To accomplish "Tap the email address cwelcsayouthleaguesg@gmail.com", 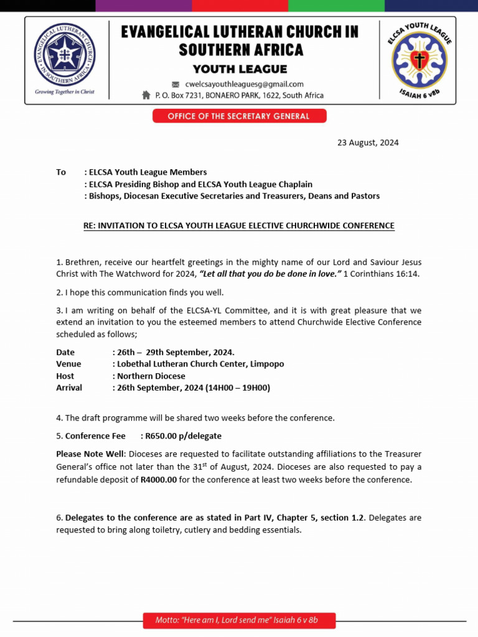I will (x=245, y=84).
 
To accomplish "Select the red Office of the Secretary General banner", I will (x=239, y=116).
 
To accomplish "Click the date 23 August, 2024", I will (x=368, y=142).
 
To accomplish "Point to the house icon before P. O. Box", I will (x=146, y=95).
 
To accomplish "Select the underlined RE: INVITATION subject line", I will (x=239, y=225).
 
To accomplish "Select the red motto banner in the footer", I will (x=239, y=620).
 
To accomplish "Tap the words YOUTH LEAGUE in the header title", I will (x=240, y=69).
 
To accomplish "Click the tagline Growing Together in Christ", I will (x=65, y=91).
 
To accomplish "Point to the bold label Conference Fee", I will (x=95, y=435).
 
